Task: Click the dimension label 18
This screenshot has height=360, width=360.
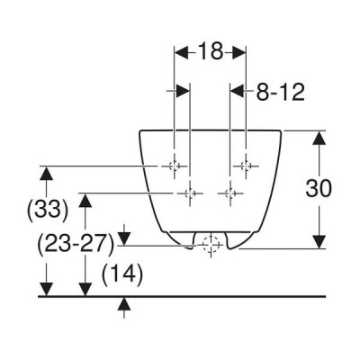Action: (211, 51)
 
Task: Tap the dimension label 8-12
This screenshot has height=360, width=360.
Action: (281, 92)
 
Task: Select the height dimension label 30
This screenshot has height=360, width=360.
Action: (319, 189)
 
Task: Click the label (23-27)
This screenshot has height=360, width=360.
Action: (76, 245)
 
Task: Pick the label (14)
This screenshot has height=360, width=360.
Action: (122, 274)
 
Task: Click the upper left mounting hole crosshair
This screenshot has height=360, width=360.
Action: (175, 166)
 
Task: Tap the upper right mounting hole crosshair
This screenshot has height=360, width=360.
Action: (246, 166)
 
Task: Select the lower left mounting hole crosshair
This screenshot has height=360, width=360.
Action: (190, 193)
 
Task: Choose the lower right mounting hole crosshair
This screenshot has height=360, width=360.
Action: (230, 193)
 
